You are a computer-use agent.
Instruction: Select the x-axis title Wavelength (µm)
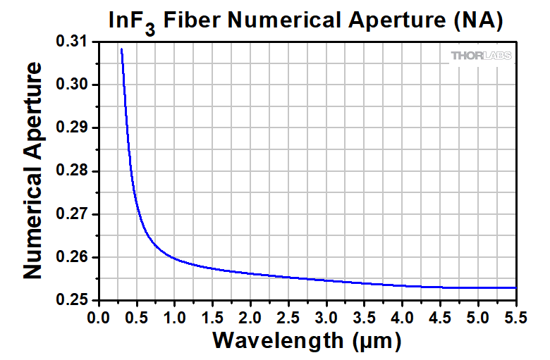pyautogui.click(x=307, y=341)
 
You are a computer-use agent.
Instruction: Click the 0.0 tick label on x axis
pyautogui.click(x=99, y=317)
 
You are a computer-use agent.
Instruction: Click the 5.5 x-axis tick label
pyautogui.click(x=516, y=317)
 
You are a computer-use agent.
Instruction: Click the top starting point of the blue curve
pyautogui.click(x=121, y=49)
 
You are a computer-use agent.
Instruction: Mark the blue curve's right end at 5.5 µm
pyautogui.click(x=516, y=287)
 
